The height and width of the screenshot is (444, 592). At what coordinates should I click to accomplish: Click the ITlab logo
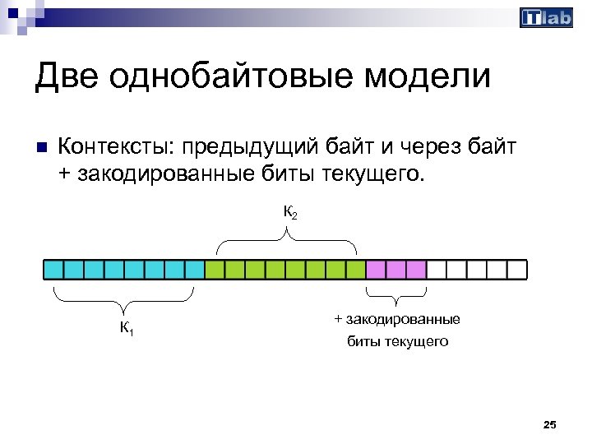[546, 17]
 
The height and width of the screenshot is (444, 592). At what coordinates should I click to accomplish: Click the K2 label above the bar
[289, 213]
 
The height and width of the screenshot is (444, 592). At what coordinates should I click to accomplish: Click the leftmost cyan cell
[53, 270]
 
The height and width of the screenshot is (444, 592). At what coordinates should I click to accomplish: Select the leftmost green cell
[215, 270]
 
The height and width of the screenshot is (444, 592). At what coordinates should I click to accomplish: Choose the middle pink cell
[395, 270]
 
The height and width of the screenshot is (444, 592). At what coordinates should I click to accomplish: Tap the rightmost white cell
[516, 270]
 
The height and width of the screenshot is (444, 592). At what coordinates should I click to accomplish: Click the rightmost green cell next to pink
[355, 270]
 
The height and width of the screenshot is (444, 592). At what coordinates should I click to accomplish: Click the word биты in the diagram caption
[363, 340]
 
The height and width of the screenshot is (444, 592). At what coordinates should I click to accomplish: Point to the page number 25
[550, 424]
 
